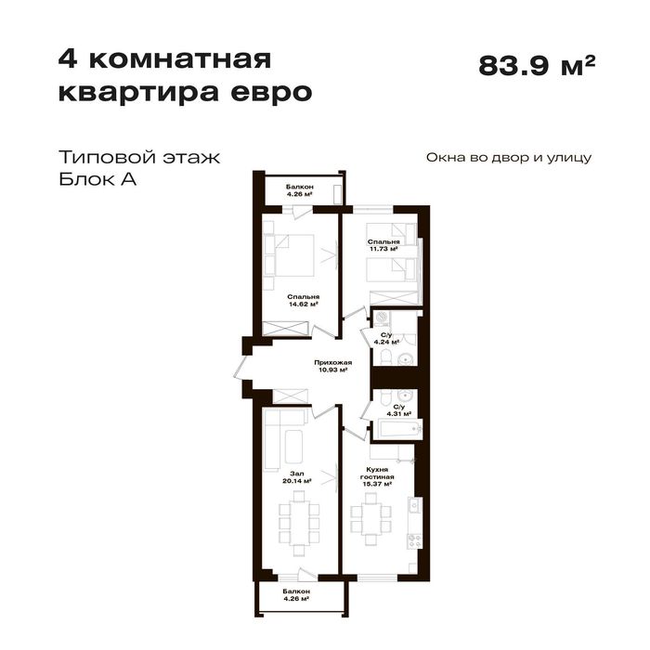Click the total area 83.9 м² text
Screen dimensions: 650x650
click(536, 67)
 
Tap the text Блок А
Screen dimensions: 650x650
click(97, 180)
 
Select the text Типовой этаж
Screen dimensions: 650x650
click(138, 157)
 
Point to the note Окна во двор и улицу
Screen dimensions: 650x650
click(508, 158)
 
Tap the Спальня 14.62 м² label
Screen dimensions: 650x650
click(303, 300)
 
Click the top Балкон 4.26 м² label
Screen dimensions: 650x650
click(299, 191)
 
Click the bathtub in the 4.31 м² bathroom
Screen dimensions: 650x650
click(396, 429)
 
